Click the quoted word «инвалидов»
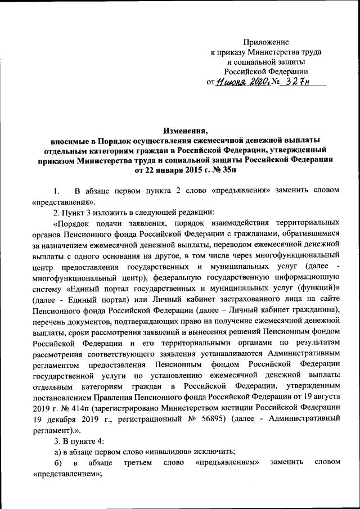click(x=159, y=450)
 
